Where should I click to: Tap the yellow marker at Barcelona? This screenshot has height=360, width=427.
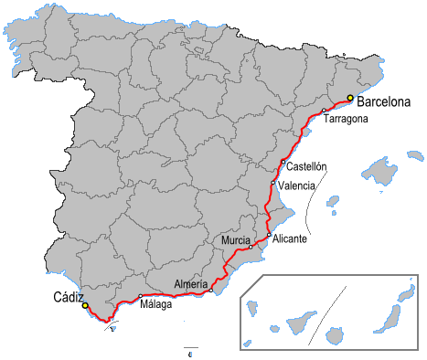click(x=350, y=98)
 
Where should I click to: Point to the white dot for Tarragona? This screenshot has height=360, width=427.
click(x=324, y=111)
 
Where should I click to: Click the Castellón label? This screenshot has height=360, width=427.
click(x=306, y=167)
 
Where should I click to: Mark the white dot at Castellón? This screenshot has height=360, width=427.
click(x=283, y=163)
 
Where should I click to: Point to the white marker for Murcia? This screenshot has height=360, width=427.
click(x=251, y=247)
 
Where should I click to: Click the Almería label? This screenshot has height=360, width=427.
click(x=191, y=283)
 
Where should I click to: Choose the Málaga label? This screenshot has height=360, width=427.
click(x=155, y=304)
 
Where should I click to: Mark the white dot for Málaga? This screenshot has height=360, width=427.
click(x=140, y=296)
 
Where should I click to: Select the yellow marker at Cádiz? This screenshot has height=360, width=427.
click(x=85, y=306)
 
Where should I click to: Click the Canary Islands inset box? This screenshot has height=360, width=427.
click(x=331, y=312)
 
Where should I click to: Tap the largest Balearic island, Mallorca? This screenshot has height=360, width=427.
click(x=379, y=171)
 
